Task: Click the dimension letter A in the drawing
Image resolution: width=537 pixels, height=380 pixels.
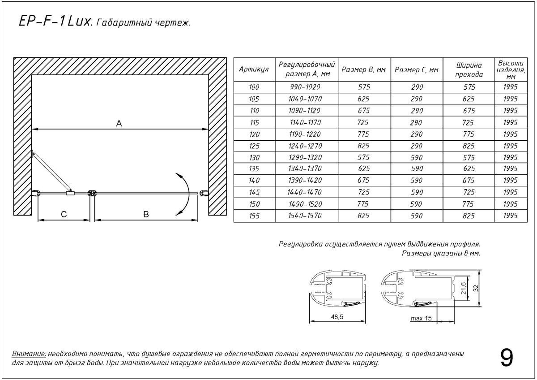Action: tap(119, 124)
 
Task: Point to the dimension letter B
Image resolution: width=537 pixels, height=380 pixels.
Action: tap(146, 214)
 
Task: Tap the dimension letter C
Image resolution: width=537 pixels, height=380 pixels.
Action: tap(64, 214)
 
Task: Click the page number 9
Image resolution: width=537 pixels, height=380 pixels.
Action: tap(507, 358)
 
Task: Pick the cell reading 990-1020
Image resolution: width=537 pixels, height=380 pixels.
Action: tap(305, 87)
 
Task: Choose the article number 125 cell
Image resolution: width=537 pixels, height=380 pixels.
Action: tap(254, 146)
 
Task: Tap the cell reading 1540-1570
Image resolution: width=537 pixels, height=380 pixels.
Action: tap(305, 216)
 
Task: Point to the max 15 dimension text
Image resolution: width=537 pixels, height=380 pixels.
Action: tap(421, 319)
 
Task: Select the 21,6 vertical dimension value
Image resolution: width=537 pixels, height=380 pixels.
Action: tap(464, 288)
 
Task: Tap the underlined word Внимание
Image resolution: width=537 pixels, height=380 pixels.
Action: tap(29, 354)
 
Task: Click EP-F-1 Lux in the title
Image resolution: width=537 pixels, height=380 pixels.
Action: tap(53, 22)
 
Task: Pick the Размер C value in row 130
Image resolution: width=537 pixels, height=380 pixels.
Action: tap(417, 157)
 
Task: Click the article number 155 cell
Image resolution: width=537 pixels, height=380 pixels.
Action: tap(254, 216)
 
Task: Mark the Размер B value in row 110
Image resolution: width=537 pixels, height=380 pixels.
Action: tap(364, 111)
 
